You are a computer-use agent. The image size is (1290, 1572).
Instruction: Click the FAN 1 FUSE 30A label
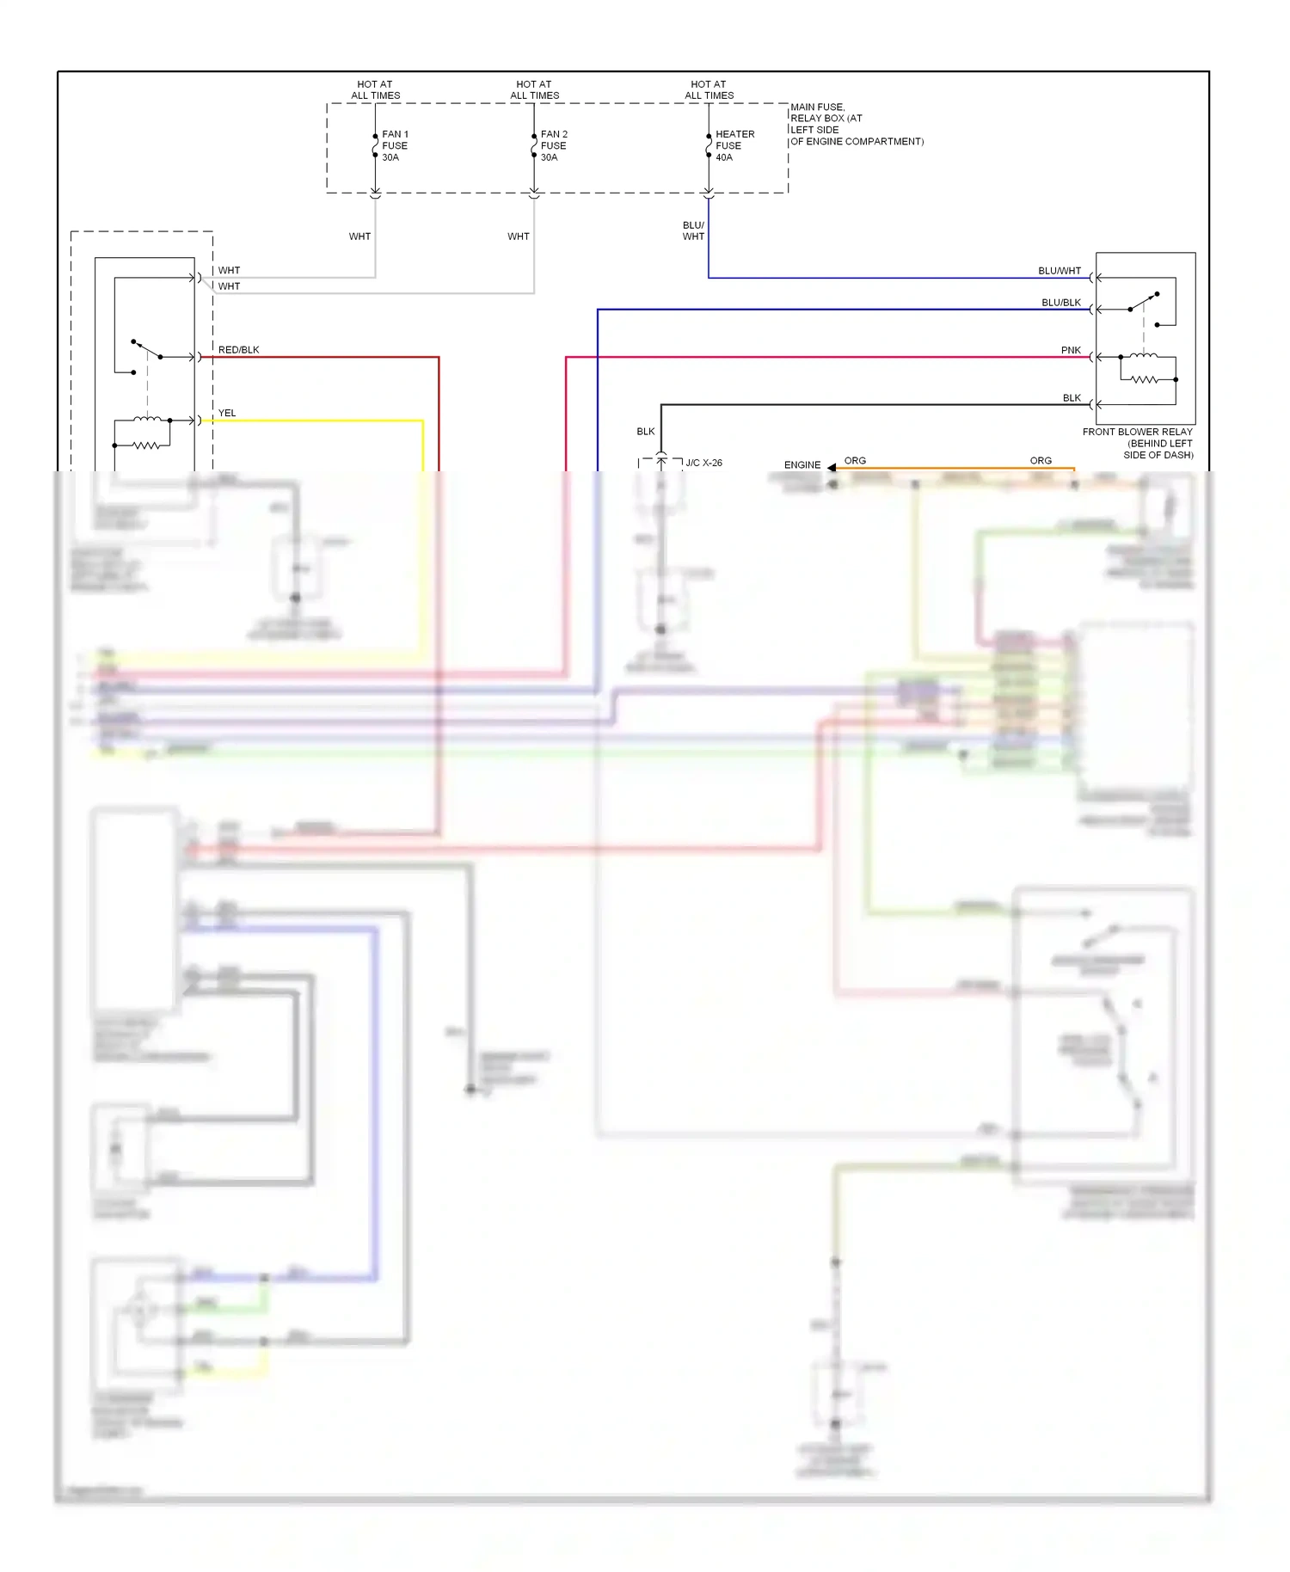[x=395, y=146]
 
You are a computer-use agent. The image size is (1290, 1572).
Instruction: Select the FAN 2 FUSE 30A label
[x=554, y=146]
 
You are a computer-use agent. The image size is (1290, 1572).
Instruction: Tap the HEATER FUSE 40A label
[x=734, y=146]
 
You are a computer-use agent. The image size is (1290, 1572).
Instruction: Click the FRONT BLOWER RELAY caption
[x=1137, y=443]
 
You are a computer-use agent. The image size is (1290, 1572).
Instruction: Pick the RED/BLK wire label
[x=238, y=350]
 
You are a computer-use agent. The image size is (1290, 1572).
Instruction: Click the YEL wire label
[x=227, y=413]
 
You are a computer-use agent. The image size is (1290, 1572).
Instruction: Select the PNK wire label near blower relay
[x=1071, y=350]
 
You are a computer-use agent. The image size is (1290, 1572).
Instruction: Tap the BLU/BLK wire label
[x=1060, y=303]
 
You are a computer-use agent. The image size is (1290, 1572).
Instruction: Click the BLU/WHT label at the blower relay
[x=1059, y=271]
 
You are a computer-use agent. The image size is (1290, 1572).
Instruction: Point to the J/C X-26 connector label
[x=703, y=463]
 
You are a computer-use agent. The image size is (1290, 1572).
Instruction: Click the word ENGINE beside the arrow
[x=802, y=465]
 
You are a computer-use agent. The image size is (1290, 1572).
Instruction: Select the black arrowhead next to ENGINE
[x=832, y=467]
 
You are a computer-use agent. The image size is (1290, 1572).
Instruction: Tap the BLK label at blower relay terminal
[x=1072, y=398]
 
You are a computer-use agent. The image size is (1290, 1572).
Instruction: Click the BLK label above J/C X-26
[x=645, y=432]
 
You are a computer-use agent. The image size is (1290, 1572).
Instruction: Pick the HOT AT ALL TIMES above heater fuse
[x=709, y=90]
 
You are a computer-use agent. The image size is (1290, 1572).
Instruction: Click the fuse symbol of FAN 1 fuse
[x=375, y=147]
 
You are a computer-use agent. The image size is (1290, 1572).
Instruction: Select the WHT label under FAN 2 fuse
[x=518, y=236]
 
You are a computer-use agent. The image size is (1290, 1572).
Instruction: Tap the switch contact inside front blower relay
[x=1143, y=302]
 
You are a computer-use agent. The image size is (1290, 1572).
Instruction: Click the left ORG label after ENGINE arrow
[x=855, y=461]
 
